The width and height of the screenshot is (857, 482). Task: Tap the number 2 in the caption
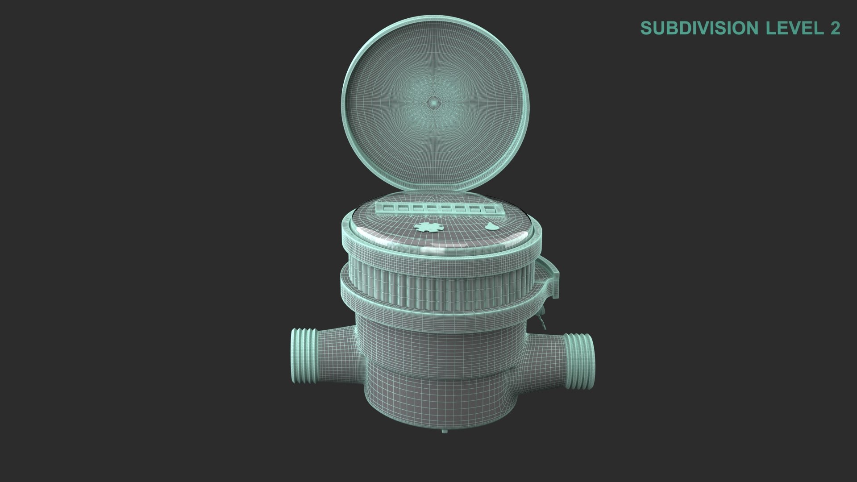834,28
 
